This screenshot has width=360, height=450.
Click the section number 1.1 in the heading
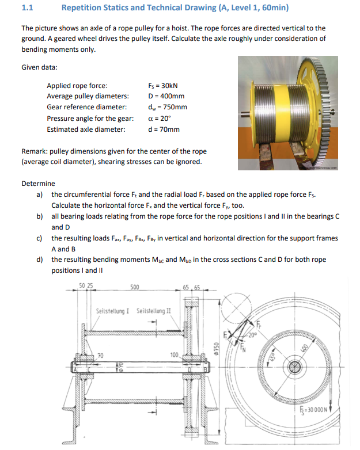click(x=27, y=8)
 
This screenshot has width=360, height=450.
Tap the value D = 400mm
click(x=166, y=96)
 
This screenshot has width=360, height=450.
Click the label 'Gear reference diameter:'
click(x=86, y=107)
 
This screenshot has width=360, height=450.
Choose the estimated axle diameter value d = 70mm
click(x=164, y=129)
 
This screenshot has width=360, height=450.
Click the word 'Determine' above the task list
click(x=38, y=184)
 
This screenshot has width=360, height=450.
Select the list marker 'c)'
click(x=39, y=238)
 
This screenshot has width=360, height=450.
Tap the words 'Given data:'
click(x=39, y=67)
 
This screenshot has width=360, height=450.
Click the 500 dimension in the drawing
click(x=134, y=287)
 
